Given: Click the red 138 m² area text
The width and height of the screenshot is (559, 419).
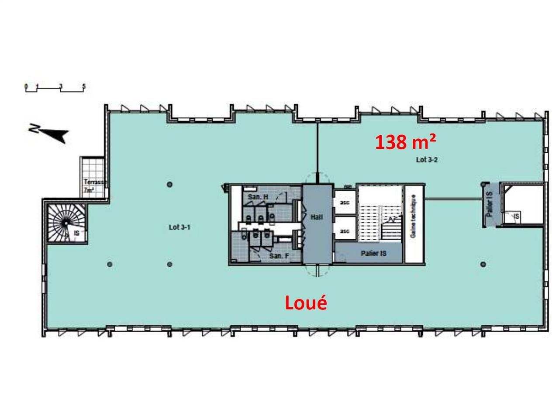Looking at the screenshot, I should pos(405,142).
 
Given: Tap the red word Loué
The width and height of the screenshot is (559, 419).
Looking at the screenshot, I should pos(306,303).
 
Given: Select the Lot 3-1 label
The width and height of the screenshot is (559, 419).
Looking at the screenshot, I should pos(179,227).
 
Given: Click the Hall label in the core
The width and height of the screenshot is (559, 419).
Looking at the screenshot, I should pos(317,217).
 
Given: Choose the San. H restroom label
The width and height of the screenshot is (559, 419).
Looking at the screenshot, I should pos(258,197).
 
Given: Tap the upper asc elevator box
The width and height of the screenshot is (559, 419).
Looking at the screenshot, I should pos(345,203).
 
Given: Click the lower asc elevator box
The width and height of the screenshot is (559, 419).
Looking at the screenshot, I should pos(345,231).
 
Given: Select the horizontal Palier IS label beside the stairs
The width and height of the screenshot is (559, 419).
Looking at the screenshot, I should pos(374,253).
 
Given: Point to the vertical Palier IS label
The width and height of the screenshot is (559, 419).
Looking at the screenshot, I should pos(490,204).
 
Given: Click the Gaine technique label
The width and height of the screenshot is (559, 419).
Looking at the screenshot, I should pos(413,216).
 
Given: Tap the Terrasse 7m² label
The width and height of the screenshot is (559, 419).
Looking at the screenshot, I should pos(94,186).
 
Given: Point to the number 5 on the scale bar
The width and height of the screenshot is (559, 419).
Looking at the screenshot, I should pos(84,86).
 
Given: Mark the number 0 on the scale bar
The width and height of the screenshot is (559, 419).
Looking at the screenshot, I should pos(26,86).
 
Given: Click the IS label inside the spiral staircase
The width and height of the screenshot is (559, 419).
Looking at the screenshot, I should pos(77,233).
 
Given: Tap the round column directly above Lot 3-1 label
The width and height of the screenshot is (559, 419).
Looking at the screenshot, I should pos(170,184).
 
